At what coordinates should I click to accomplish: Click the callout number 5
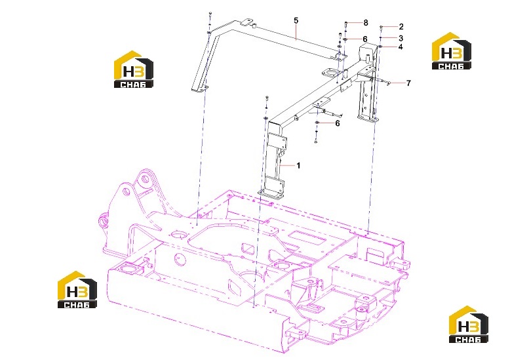[x=296, y=21]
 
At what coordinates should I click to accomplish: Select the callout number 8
[x=366, y=23]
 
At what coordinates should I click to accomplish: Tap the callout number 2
[x=401, y=27]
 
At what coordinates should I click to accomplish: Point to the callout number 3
[x=401, y=38]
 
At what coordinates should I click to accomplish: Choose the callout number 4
[x=401, y=47]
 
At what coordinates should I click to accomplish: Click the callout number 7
[x=409, y=83]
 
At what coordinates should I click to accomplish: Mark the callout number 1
[x=298, y=166]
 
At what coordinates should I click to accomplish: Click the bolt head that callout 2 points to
[x=382, y=27]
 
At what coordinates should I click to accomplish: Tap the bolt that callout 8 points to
[x=345, y=24]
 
